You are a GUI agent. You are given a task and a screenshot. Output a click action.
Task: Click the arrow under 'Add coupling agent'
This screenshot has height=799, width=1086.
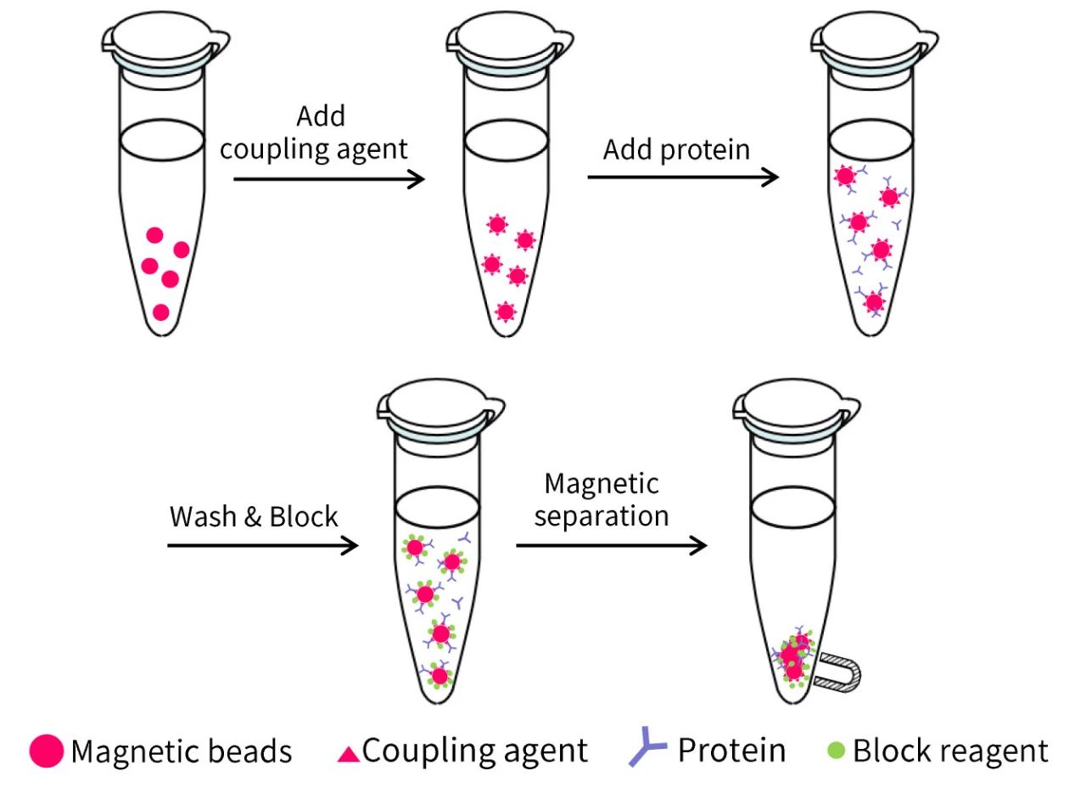[328, 179]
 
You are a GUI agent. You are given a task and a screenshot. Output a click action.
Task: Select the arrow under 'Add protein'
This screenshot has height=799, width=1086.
[683, 177]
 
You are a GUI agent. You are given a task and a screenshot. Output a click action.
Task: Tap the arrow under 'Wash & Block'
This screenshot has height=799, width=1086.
[263, 544]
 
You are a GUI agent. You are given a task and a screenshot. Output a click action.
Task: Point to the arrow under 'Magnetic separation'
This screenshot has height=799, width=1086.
[611, 544]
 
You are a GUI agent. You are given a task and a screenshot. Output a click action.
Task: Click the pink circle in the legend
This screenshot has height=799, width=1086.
[46, 751]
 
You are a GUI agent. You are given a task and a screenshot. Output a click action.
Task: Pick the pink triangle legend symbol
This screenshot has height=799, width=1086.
[349, 753]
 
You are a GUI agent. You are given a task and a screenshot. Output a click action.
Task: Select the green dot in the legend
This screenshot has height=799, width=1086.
[837, 751]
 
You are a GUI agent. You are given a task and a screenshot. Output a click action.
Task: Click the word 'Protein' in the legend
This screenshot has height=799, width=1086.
[731, 751]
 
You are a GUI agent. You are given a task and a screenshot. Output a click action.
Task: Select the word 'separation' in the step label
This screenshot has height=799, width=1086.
[602, 515]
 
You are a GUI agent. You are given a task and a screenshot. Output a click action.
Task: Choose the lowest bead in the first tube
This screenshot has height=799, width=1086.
[161, 312]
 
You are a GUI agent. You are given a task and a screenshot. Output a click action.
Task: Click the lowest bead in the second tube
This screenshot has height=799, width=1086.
[506, 312]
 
